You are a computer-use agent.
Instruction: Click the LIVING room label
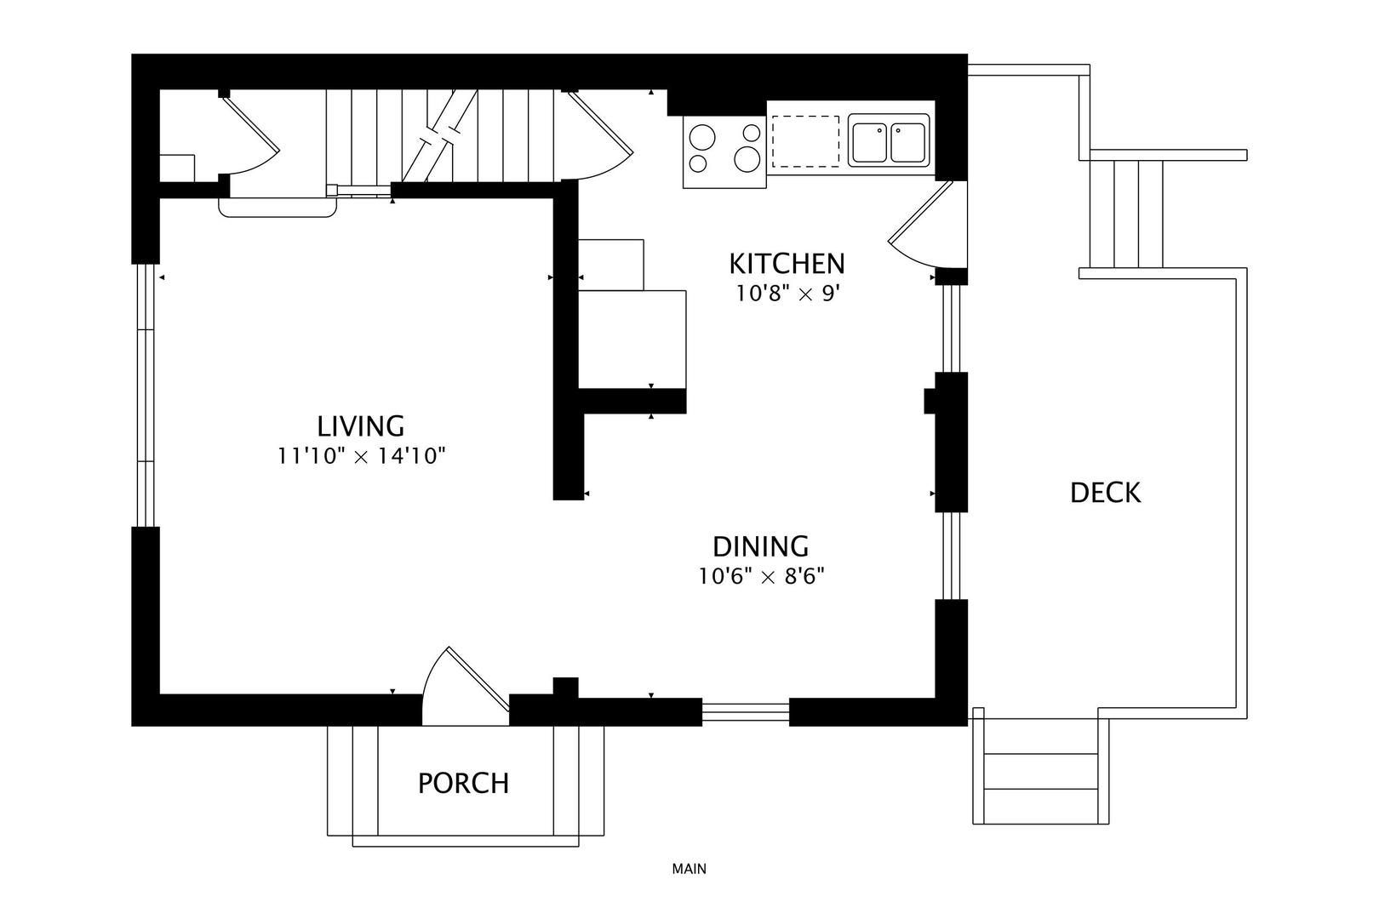click(x=361, y=426)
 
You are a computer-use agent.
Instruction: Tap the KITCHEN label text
click(x=787, y=264)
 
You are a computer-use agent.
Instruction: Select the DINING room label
click(x=760, y=546)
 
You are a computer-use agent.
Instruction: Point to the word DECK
click(x=1106, y=493)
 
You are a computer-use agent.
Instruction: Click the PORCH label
click(x=464, y=784)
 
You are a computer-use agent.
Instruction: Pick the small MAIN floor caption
click(x=689, y=869)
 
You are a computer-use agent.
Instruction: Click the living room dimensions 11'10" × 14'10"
click(x=361, y=456)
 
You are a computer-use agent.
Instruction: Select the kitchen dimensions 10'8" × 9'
click(x=788, y=294)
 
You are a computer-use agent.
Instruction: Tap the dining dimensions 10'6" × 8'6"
click(x=761, y=577)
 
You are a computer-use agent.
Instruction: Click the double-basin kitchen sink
click(x=889, y=140)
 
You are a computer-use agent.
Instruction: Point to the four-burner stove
click(x=724, y=151)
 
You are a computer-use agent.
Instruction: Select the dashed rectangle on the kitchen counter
click(x=806, y=141)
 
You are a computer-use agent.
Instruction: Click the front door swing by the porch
click(x=466, y=687)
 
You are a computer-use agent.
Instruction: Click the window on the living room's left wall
click(x=146, y=395)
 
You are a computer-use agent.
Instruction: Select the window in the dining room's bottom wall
click(x=746, y=712)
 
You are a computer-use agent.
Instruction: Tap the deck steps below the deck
click(x=1040, y=771)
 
